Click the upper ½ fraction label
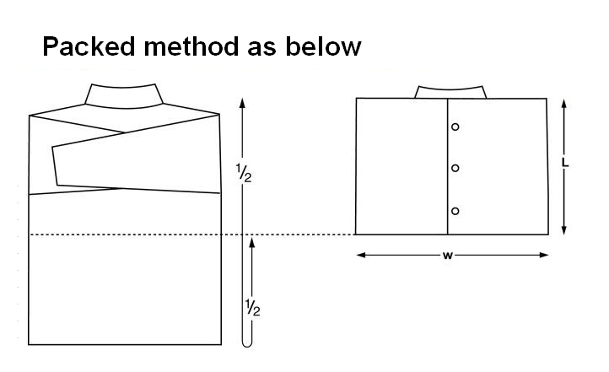[244, 174]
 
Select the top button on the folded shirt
[455, 127]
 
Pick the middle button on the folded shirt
[455, 169]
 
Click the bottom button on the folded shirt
[455, 210]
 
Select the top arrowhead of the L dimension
[564, 103]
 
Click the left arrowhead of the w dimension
[360, 255]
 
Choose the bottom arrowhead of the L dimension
[564, 229]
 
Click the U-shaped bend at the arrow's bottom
[248, 342]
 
